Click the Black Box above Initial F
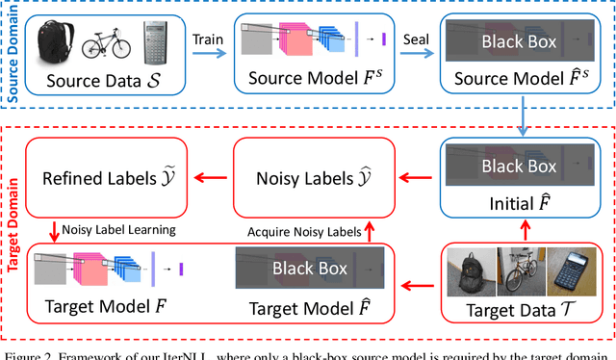519,166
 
